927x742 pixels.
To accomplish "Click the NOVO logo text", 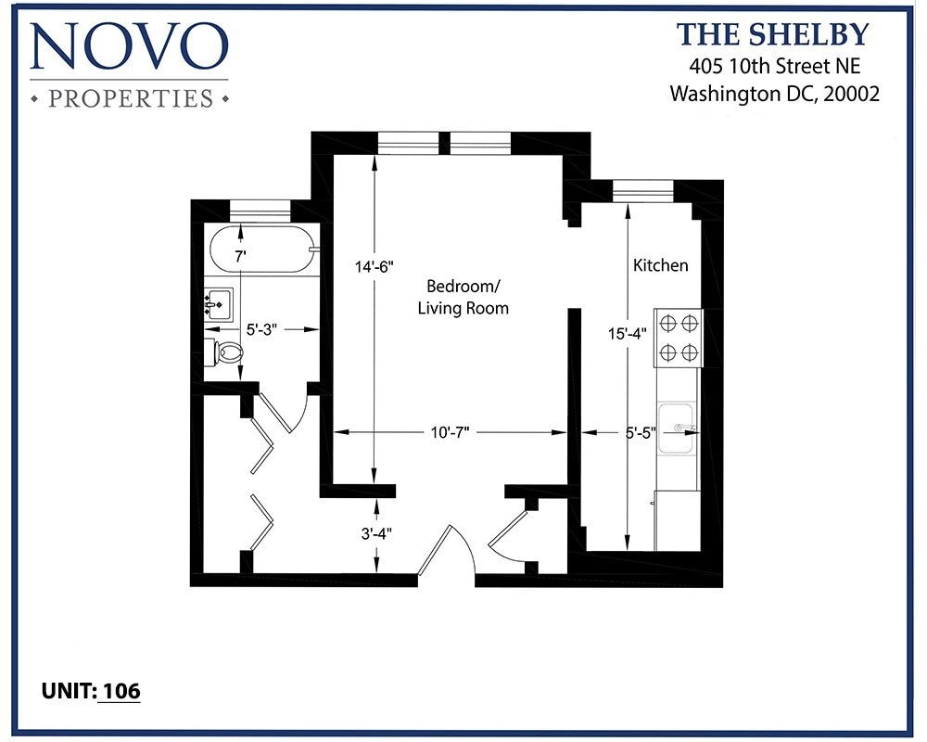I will pyautogui.click(x=129, y=45).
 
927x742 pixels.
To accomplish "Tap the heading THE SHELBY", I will pyautogui.click(x=772, y=34).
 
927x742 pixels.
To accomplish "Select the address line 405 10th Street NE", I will pyautogui.click(x=773, y=66).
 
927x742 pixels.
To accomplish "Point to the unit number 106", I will pyautogui.click(x=121, y=690).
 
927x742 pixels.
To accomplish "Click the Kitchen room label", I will pyautogui.click(x=660, y=265).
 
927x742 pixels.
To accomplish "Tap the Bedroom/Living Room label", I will pyautogui.click(x=463, y=296).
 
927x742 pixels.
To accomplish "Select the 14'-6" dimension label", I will pyautogui.click(x=375, y=267).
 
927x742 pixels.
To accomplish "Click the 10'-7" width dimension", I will pyautogui.click(x=451, y=432).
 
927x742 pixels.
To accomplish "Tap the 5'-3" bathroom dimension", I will pyautogui.click(x=262, y=328).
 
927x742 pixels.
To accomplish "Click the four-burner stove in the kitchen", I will pyautogui.click(x=678, y=338).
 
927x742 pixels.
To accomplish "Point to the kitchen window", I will pyautogui.click(x=642, y=190).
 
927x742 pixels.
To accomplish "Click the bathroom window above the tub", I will pyautogui.click(x=260, y=210).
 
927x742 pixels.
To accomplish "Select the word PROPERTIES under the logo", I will pyautogui.click(x=129, y=97).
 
